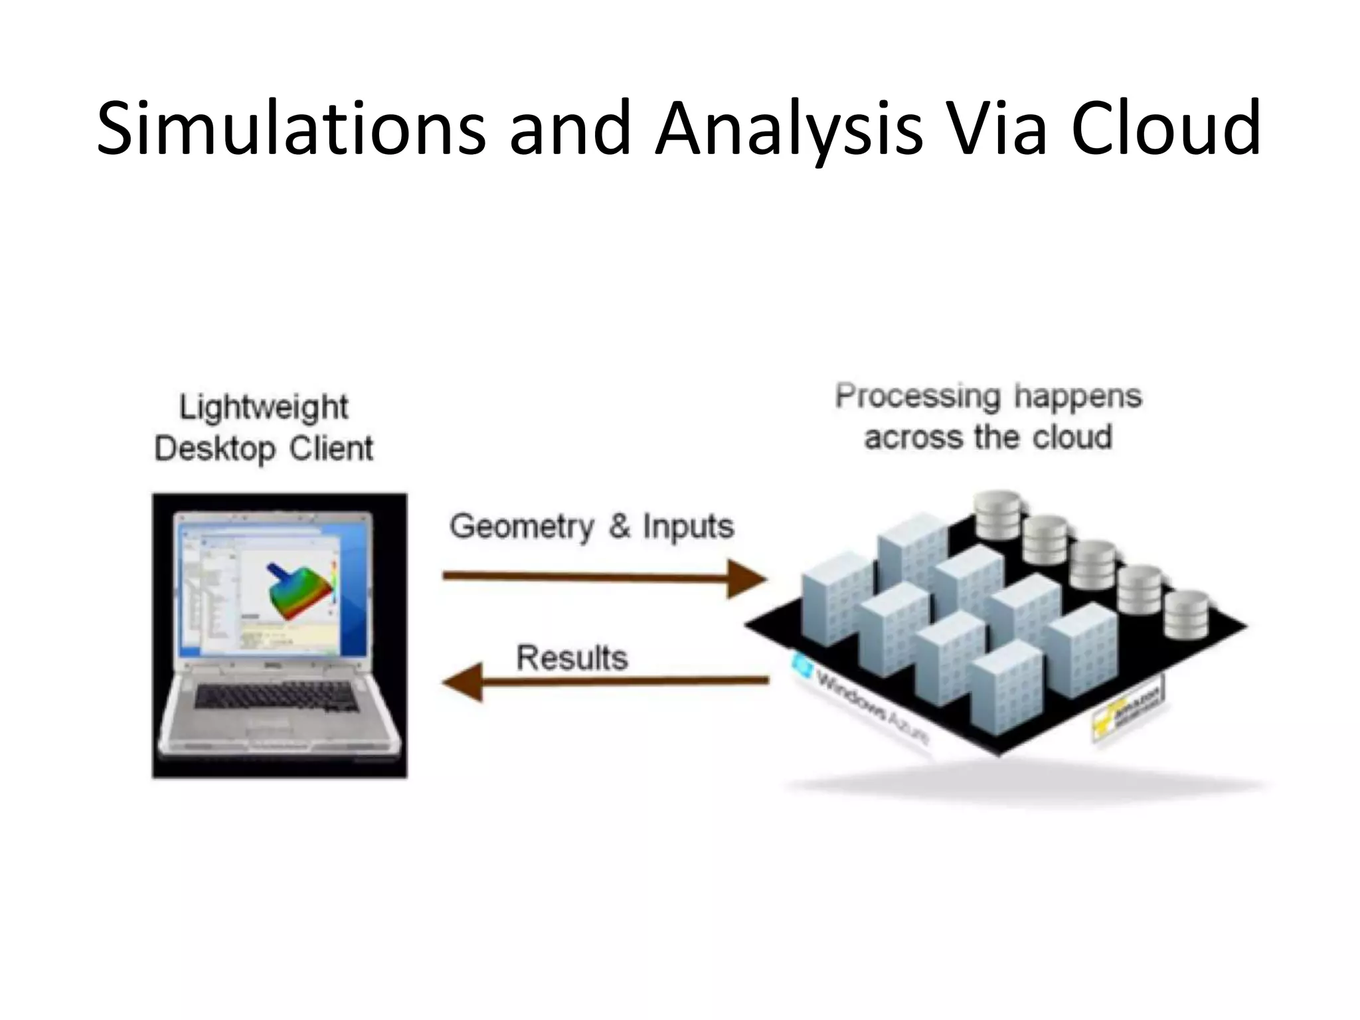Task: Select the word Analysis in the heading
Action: (789, 127)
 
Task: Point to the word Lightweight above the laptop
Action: (264, 407)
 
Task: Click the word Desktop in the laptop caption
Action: (214, 449)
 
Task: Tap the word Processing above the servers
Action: (917, 396)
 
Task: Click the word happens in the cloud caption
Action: (1078, 396)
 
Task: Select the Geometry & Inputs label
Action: (591, 527)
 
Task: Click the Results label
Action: (572, 658)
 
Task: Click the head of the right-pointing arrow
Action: (747, 578)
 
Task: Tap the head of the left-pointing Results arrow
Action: (463, 681)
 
